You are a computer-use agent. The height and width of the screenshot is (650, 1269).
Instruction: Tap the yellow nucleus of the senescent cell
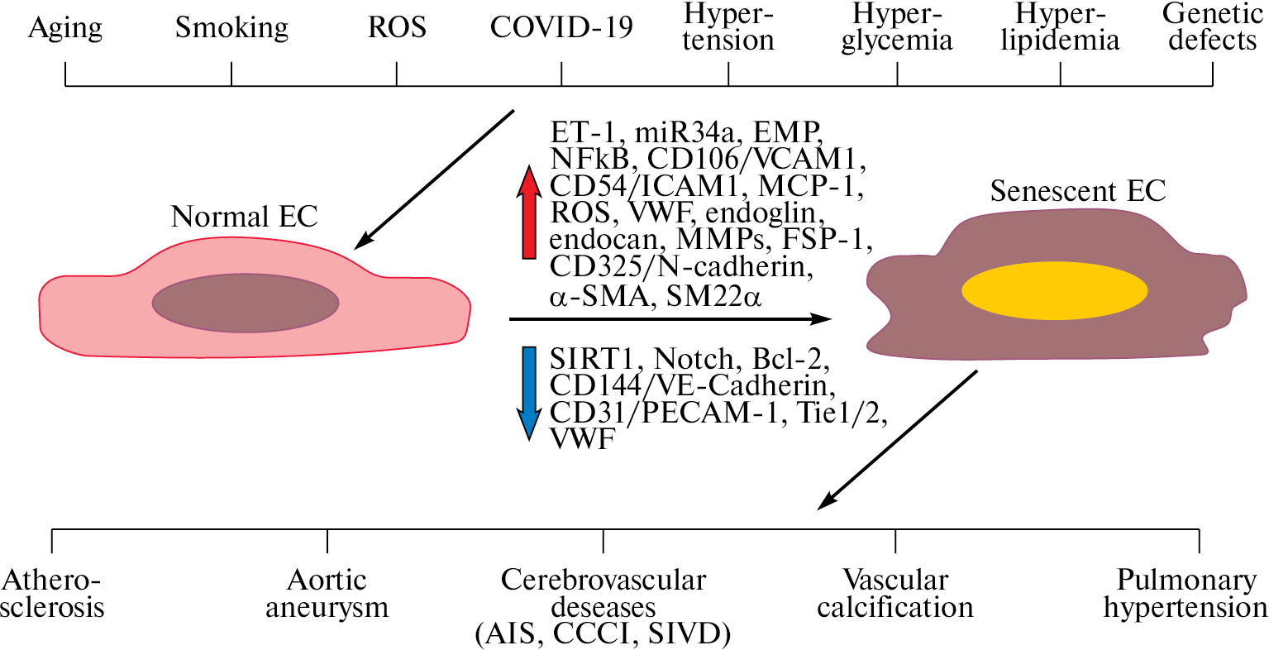1054,291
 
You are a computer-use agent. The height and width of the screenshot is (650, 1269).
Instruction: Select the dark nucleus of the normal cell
246,303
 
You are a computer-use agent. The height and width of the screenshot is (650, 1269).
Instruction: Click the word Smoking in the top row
231,28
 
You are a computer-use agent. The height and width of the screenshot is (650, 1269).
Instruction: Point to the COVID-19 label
561,27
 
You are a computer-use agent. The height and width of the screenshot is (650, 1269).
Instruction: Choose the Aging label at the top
65,28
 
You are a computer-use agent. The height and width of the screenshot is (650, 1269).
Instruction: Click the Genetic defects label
1212,27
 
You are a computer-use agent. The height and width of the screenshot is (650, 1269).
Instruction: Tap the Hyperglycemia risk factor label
897,27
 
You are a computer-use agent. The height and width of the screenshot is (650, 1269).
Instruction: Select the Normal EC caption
244,217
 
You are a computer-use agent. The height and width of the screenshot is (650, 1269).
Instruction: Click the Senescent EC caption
1077,192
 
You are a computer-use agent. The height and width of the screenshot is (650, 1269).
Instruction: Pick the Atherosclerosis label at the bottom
52,594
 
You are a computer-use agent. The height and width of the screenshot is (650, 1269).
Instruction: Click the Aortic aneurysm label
327,594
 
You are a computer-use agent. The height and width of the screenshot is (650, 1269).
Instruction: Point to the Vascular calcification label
895,594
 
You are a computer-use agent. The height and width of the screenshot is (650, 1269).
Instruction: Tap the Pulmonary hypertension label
1186,594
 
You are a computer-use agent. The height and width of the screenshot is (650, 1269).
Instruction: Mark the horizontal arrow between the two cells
670,318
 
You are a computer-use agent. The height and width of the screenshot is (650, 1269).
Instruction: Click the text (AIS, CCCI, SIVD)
603,634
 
